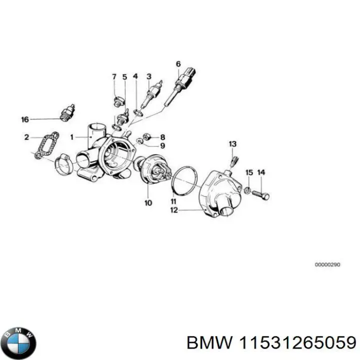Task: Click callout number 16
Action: coord(25,119)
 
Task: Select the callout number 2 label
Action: coord(26,136)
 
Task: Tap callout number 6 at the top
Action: coord(178,63)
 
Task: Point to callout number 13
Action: coord(232,144)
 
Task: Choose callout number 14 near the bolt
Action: coord(261,172)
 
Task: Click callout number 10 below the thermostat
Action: coord(148,203)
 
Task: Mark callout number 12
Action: coord(173,210)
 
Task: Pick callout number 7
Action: coord(114,76)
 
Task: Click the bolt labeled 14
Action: coord(260,193)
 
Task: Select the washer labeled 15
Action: coord(247,189)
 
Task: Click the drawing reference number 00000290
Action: coord(327,264)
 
